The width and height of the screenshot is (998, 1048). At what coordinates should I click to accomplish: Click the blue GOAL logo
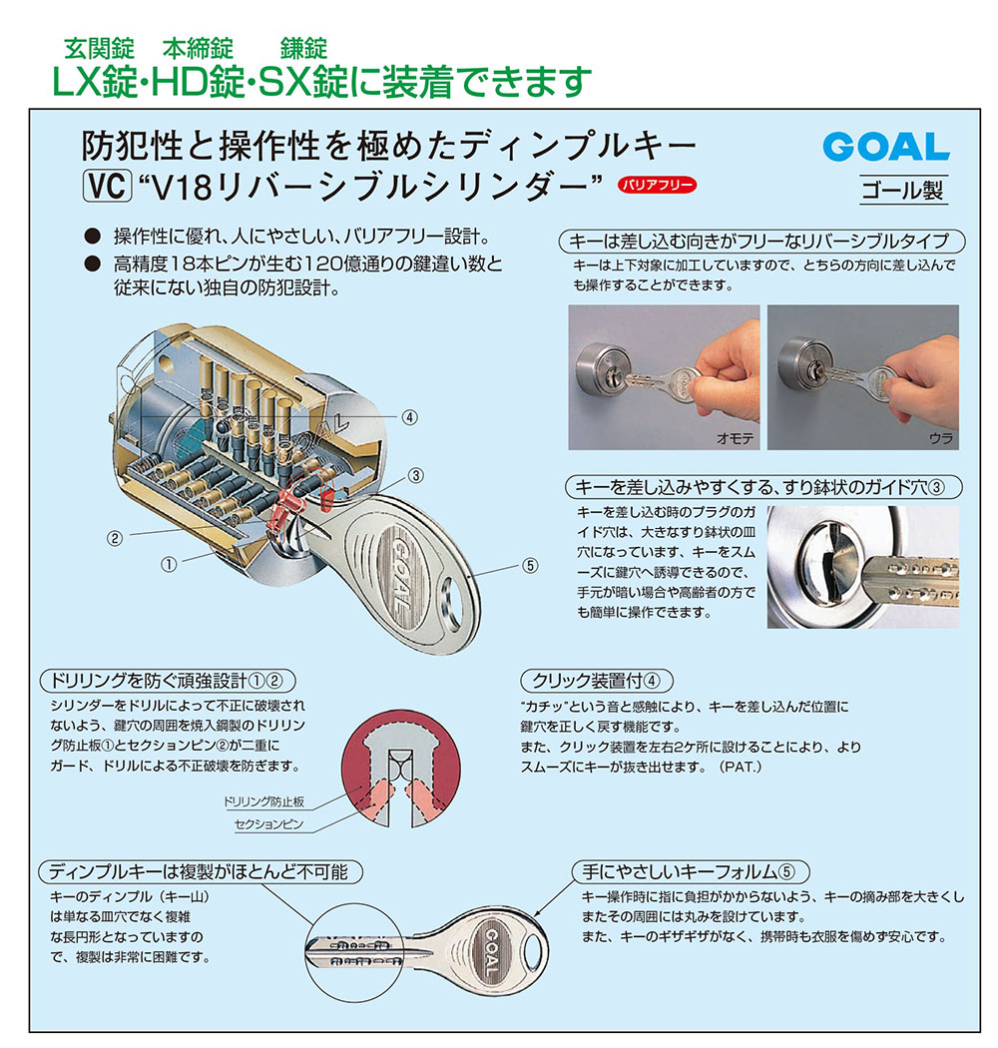point(885,147)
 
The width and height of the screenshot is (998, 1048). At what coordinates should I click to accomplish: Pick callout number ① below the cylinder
point(169,564)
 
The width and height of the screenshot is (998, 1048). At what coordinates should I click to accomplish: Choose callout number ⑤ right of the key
point(530,565)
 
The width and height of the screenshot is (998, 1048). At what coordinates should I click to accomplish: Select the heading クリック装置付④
point(591,681)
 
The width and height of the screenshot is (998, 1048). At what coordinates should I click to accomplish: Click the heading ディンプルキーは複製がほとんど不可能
point(198,871)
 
